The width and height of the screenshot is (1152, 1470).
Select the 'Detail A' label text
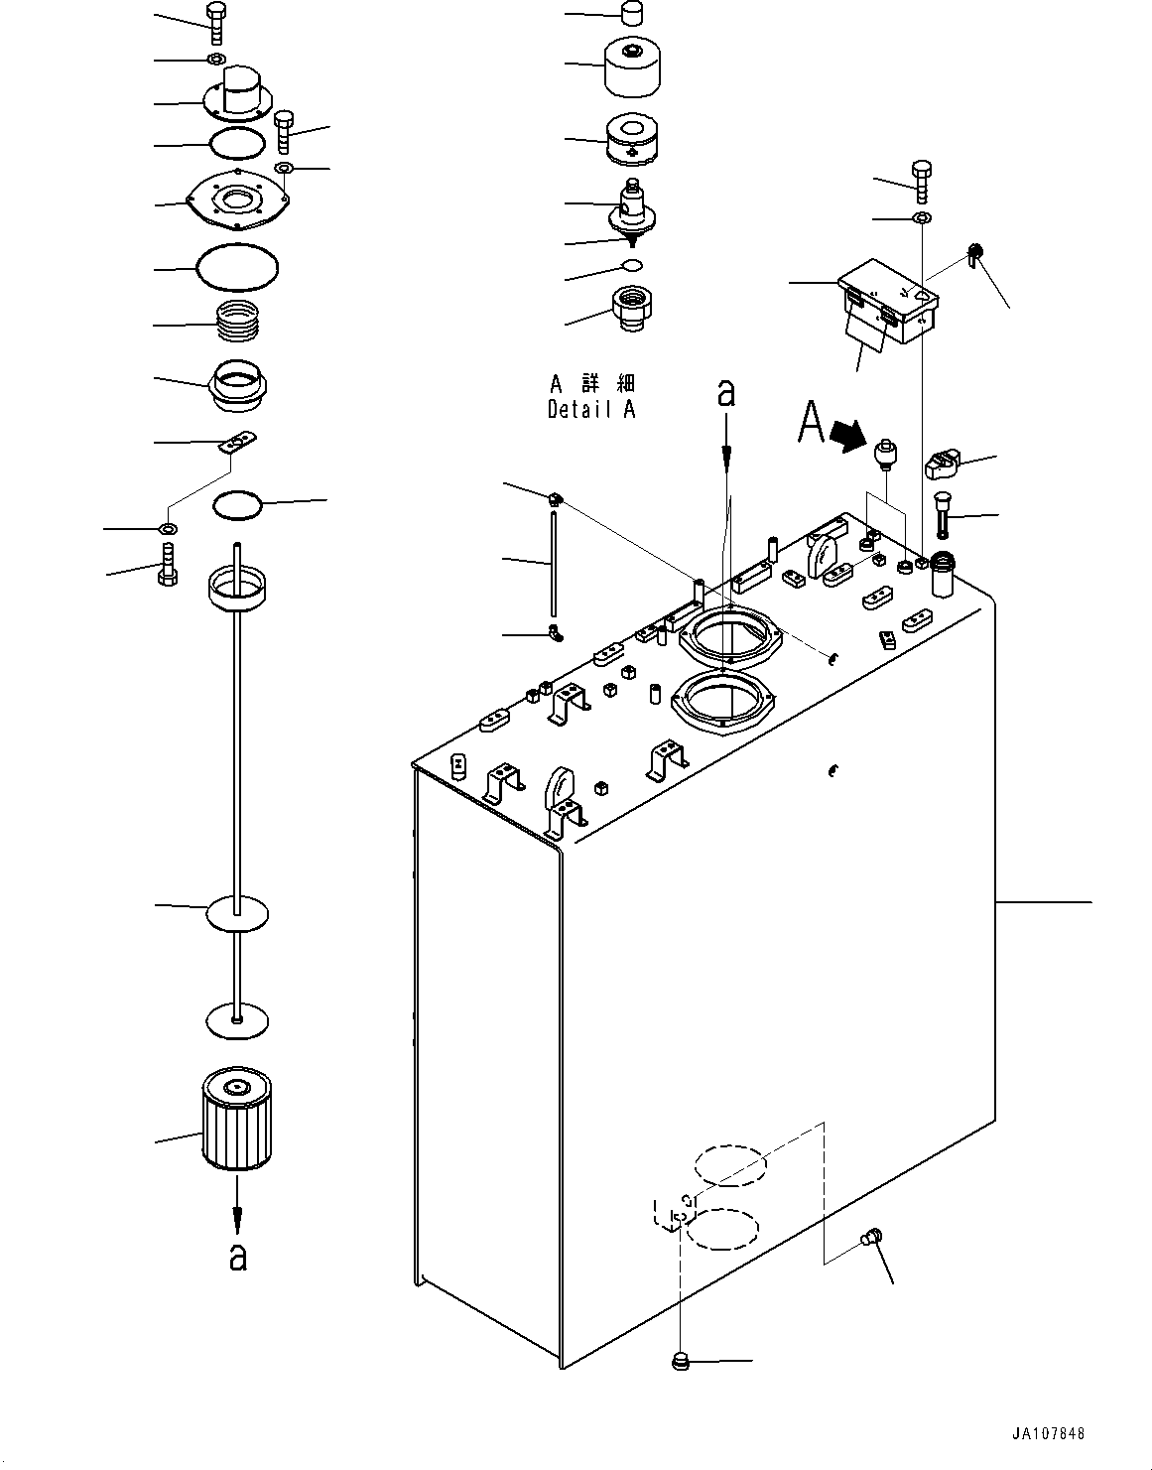(x=591, y=409)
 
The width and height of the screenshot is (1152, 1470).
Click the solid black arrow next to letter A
(x=846, y=436)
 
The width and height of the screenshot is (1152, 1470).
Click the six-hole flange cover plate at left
(x=236, y=202)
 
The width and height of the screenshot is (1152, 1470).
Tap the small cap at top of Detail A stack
(x=632, y=14)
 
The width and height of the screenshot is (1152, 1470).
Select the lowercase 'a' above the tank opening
(x=727, y=393)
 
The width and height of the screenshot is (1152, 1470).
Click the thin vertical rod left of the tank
(x=553, y=562)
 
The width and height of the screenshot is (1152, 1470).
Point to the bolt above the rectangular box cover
(x=920, y=181)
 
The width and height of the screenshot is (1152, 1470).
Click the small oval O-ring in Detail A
(x=632, y=265)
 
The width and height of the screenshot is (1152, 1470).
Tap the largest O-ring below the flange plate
(x=238, y=266)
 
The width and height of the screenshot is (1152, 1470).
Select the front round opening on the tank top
(x=721, y=703)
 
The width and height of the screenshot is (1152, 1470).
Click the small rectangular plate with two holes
(x=237, y=440)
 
